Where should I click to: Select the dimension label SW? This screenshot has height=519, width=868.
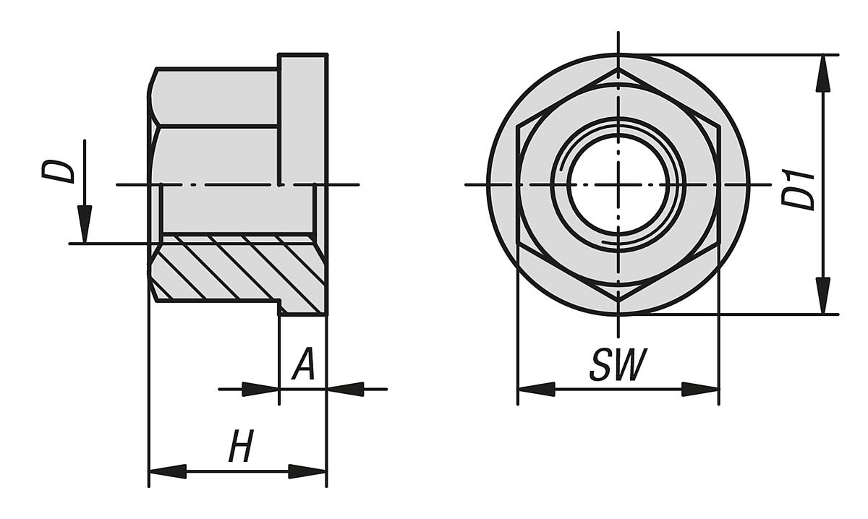(x=616, y=366)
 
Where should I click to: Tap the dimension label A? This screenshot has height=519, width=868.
(x=304, y=366)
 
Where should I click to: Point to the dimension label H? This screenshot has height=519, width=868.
(x=240, y=447)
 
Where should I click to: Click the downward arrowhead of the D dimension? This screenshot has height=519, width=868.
(x=85, y=224)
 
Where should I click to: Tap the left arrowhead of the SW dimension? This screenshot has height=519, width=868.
(x=536, y=390)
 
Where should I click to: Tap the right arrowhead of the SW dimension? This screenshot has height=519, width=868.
(x=700, y=390)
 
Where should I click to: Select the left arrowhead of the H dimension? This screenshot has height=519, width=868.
(x=167, y=472)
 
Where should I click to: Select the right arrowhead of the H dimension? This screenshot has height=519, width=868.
(x=307, y=472)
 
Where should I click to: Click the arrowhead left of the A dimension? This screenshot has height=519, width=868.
(x=260, y=390)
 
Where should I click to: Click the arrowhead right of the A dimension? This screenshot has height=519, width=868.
(x=346, y=390)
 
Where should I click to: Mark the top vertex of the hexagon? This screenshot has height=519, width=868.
(x=618, y=69)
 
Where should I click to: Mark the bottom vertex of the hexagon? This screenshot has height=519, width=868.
(x=618, y=301)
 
